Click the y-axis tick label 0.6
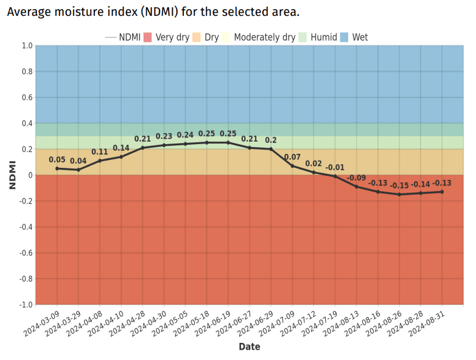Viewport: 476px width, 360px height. pyautogui.click(x=27, y=98)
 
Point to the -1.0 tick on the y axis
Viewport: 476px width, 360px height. pyautogui.click(x=26, y=305)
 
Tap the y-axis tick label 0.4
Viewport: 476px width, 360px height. pyautogui.click(x=27, y=123)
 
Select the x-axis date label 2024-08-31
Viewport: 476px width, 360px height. pyautogui.click(x=427, y=322)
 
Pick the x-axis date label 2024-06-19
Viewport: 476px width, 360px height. pyautogui.click(x=214, y=322)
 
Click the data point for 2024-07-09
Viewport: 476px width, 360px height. pyautogui.click(x=292, y=166)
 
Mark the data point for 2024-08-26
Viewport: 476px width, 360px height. pyautogui.click(x=399, y=195)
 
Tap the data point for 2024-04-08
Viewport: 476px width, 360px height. pyautogui.click(x=100, y=161)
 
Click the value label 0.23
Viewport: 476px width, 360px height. pyautogui.click(x=164, y=136)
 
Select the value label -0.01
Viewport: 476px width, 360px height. pyautogui.click(x=335, y=167)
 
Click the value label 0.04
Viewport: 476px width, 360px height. pyautogui.click(x=79, y=161)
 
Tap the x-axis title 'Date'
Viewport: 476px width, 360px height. pyautogui.click(x=249, y=347)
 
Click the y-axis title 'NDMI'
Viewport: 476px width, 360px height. pyautogui.click(x=12, y=175)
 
